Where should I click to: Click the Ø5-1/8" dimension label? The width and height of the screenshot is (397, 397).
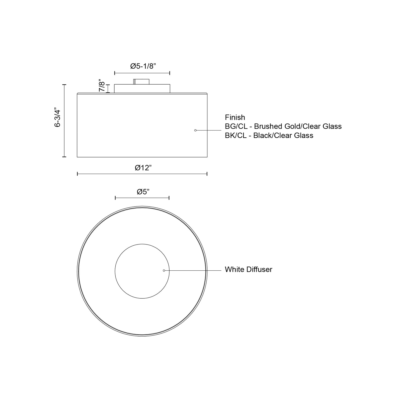pos(143,66)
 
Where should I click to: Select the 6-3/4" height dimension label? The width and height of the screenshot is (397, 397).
pos(57,117)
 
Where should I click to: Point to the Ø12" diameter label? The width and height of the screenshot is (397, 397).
pos(143,168)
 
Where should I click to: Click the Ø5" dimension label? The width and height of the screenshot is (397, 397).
pos(143,192)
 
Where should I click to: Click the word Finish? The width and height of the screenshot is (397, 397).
pos(235,118)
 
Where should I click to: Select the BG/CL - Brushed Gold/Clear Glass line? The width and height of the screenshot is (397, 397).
pos(283,126)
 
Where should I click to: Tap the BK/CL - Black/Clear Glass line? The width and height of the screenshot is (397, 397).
pos(269,135)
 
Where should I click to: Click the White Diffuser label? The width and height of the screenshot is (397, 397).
pos(248,270)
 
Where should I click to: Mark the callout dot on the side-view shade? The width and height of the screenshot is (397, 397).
pos(195,130)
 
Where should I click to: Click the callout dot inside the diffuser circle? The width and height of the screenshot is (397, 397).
pos(164,271)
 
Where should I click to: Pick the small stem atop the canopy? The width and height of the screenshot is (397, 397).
pos(141,82)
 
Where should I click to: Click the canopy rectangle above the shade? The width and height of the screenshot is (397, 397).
pos(142,88)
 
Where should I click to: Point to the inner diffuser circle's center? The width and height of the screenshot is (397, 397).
pos(142,271)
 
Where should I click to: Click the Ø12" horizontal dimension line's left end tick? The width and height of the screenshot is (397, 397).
pos(77,174)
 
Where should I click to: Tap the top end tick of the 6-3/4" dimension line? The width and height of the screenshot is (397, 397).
pos(64,85)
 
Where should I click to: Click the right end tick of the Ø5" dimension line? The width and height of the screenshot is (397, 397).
pos(169,198)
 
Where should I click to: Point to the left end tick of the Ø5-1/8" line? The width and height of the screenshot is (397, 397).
pos(115,73)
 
